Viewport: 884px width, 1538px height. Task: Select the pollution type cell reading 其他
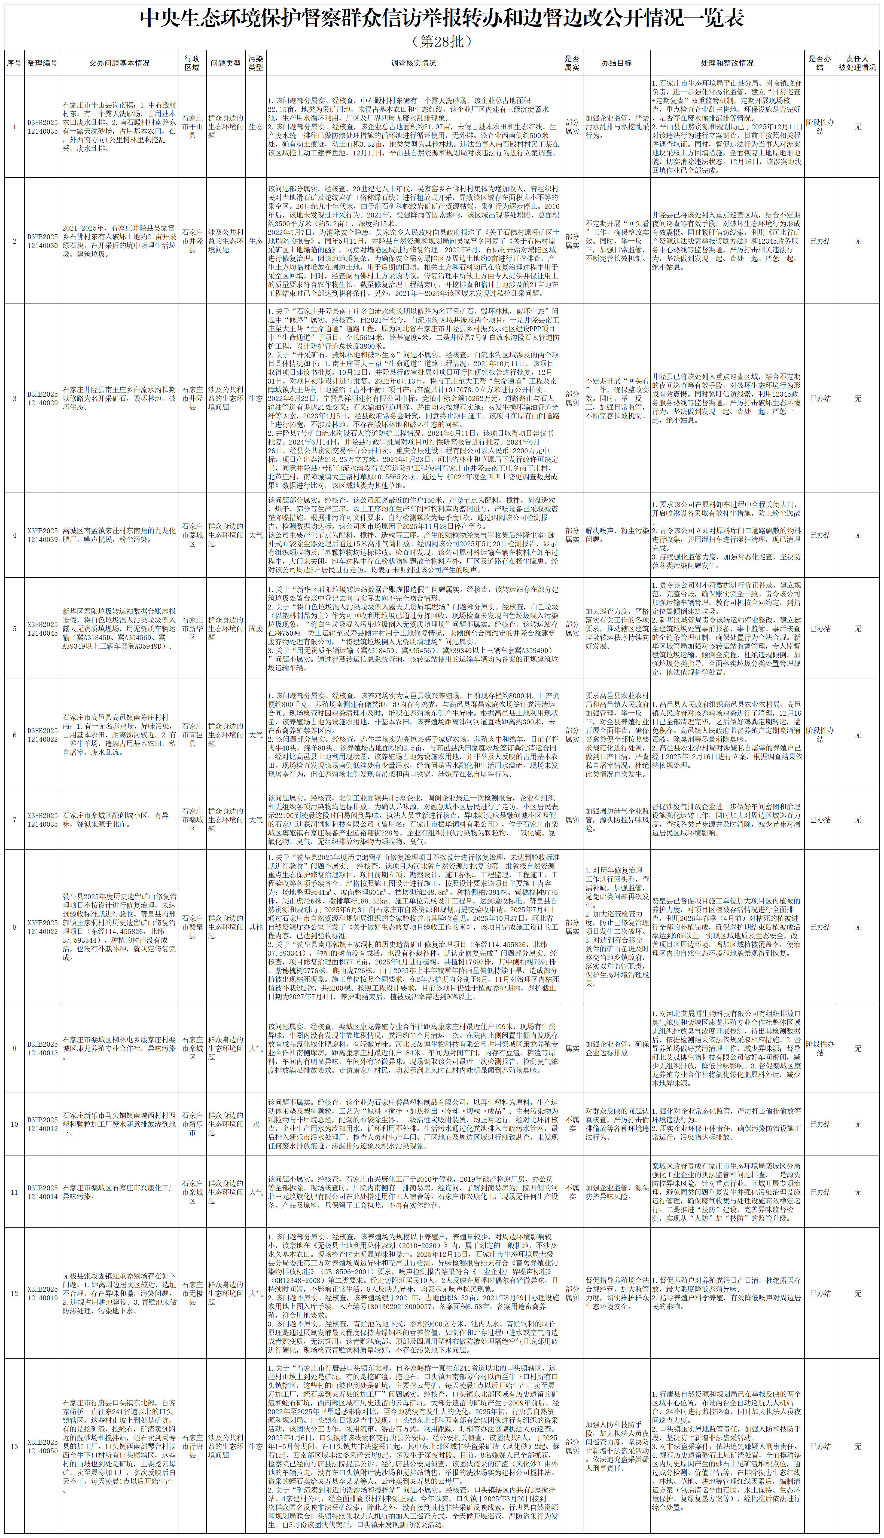point(256,927)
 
